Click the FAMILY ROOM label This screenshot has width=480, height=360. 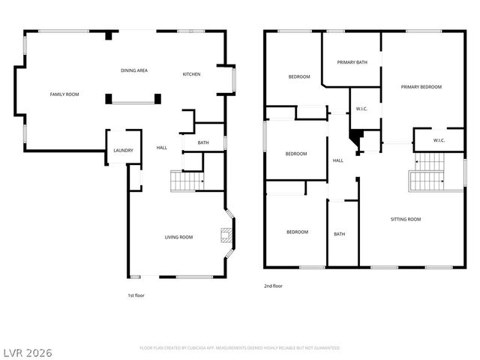pos(64,94)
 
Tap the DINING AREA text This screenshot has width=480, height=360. pos(134,70)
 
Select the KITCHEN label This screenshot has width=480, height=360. pos(191,74)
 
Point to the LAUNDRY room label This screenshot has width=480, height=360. pos(123,151)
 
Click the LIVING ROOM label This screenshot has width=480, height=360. pos(179,237)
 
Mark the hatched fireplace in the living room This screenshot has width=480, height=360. pos(224,236)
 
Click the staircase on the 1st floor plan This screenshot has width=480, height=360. pos(187,181)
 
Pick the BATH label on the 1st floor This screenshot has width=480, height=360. pos(203,142)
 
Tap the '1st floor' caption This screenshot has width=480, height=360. pos(136,295)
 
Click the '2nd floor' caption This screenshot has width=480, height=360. pos(273,286)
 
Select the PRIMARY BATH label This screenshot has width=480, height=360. pos(352,62)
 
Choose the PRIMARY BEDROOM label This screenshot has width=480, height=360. pos(421,87)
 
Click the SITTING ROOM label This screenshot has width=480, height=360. pos(406,219)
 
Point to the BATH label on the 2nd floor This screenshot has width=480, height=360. pos(340,234)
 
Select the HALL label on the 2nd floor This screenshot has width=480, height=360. pos(338,160)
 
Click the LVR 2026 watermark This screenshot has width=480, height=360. pos(27,352)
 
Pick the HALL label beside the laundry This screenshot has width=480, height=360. pos(161,148)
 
